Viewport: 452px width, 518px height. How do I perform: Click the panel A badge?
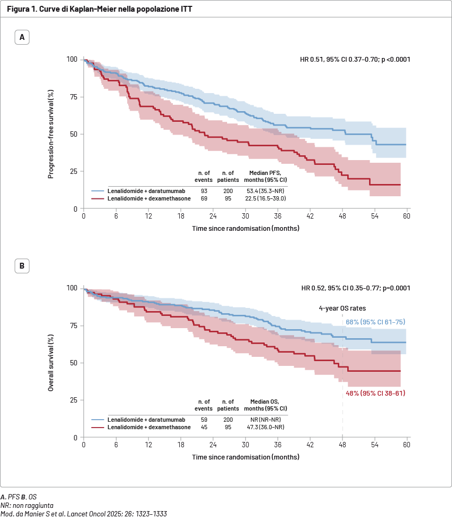coord(22,37)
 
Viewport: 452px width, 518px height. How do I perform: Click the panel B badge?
coord(22,266)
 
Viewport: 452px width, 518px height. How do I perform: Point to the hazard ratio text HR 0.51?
coord(355,59)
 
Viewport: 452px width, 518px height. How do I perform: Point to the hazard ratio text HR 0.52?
coord(355,288)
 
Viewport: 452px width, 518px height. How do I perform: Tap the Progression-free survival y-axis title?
coord(51,134)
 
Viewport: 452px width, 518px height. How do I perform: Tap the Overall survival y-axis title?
coord(51,363)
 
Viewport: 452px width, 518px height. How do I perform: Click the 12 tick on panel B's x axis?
coord(148,445)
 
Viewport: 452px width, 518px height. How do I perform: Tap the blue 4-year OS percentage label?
coord(376,322)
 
